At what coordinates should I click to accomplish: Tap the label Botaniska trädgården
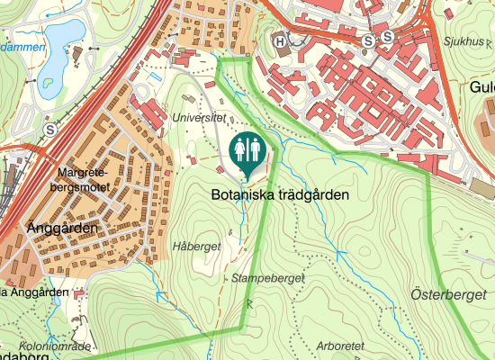(x=280, y=194)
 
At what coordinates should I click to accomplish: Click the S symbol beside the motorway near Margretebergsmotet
(x=49, y=130)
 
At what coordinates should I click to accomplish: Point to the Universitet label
(x=197, y=118)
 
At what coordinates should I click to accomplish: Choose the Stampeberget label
(x=266, y=278)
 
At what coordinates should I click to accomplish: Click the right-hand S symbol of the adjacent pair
(x=387, y=37)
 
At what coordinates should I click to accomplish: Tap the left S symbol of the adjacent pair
(x=367, y=41)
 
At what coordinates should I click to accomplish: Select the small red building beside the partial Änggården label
(x=79, y=293)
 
